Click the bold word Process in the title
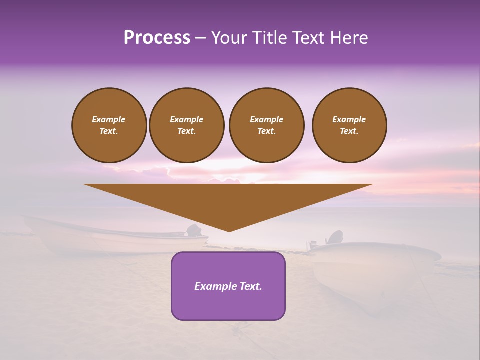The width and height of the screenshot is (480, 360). coord(157,38)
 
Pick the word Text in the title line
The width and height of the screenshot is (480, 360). coord(309,38)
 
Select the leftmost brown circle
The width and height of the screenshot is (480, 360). coord(109,125)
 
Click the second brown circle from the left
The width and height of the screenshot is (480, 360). coord(186,125)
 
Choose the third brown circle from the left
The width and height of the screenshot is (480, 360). coord(266,125)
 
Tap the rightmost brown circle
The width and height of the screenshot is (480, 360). coord(349,125)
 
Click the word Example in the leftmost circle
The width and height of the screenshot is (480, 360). coord(109,119)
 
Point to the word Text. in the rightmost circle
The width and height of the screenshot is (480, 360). coord(349,131)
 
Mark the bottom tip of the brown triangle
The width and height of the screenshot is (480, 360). coord(229,231)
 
